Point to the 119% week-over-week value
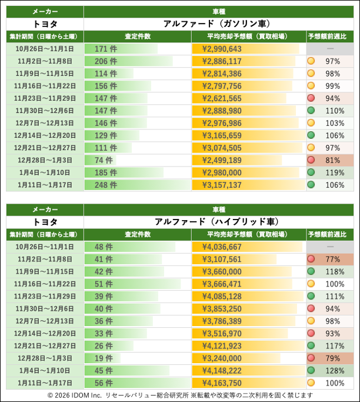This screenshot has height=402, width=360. (x=333, y=172)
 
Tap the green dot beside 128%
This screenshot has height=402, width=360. (x=311, y=370)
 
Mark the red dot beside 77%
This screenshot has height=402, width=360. (x=311, y=259)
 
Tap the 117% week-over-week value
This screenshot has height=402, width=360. (x=333, y=345)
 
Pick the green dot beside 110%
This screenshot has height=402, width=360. (x=311, y=111)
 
